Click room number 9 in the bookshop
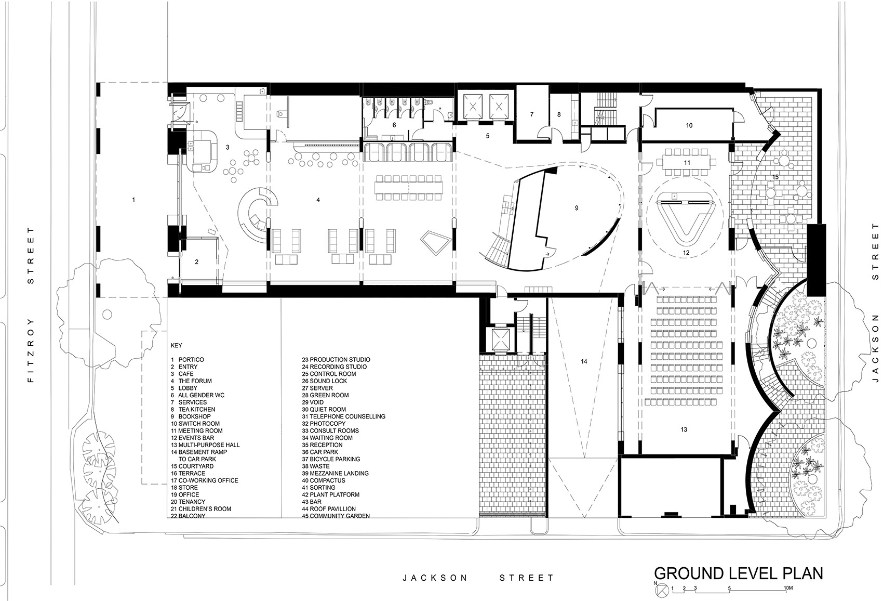pos(577,208)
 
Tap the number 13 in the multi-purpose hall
pos(684,429)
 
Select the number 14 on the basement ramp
pos(584,361)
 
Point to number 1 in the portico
pos(133,200)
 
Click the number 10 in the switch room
pos(689,125)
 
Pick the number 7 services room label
pos(532,114)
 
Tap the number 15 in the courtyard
pos(775,177)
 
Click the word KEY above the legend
pos(176,345)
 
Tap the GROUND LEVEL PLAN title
pos(738,573)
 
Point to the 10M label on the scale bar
pos(788,588)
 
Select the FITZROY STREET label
pos(31,305)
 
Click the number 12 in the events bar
pos(686,253)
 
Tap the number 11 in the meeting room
pos(687,163)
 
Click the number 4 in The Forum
pos(318,200)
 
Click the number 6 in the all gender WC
pos(394,125)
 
